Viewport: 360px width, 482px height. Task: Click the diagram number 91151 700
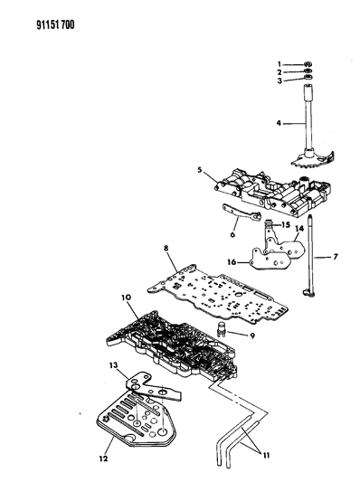[x=56, y=25]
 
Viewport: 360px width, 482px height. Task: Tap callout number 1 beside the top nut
[x=279, y=64]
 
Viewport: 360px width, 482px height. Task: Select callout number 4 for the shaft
[x=279, y=123]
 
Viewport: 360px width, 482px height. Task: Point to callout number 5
[x=200, y=169]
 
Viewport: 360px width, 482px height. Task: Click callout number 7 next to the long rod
[x=336, y=256]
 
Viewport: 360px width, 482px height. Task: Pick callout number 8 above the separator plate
[x=166, y=248]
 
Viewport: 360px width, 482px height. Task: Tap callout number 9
[x=252, y=336]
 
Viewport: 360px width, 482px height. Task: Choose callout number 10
[x=126, y=298]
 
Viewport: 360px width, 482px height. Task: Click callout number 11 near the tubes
[x=266, y=455]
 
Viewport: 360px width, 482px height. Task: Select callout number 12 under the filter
[x=103, y=458]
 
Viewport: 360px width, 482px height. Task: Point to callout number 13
[x=113, y=365]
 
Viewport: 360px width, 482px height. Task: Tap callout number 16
[x=232, y=262]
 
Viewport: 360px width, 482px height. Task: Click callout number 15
[x=286, y=224]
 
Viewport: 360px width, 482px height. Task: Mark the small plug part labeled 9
[x=222, y=329]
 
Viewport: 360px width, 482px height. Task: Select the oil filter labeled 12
[x=137, y=421]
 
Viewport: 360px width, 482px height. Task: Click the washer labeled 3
[x=308, y=78]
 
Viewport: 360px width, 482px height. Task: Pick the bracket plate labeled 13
[x=152, y=388]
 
